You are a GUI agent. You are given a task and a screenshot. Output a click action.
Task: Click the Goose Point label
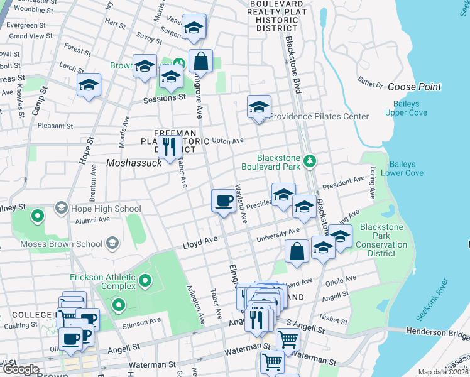point(414,87)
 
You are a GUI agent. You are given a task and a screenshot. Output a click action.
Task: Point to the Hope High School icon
point(61,207)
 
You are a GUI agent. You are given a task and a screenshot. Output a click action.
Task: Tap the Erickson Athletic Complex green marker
point(145,280)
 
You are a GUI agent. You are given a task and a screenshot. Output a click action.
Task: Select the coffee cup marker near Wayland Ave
point(222,202)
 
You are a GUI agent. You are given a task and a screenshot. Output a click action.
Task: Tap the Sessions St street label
point(165,98)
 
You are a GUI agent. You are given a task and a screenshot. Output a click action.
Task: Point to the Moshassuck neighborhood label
point(134,162)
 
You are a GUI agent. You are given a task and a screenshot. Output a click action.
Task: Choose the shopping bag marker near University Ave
point(297,251)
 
